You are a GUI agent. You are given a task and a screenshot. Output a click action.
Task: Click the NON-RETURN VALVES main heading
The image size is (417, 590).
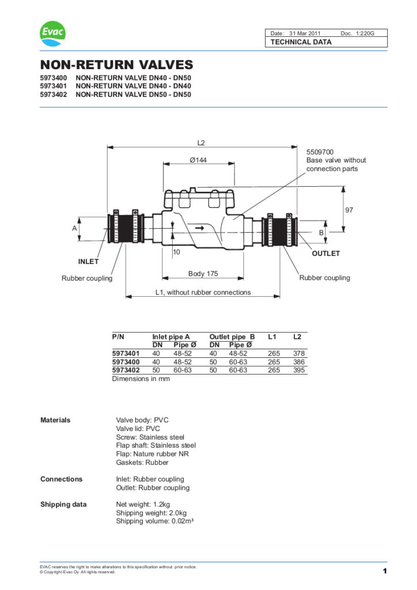coord(116,65)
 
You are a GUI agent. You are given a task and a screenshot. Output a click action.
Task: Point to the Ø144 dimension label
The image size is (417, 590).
coord(198,160)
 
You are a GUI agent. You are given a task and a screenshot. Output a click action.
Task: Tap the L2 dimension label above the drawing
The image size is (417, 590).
coord(201,142)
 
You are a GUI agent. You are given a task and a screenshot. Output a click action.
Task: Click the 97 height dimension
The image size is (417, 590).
coord(349,210)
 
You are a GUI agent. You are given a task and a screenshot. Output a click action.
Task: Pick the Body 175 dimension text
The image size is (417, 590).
coord(203,274)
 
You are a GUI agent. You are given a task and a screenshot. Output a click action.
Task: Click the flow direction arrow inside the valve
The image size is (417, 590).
coord(199,229)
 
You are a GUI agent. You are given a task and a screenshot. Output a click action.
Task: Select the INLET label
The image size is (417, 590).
coord(88,262)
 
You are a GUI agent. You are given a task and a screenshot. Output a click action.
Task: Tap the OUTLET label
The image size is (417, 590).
coord(326,254)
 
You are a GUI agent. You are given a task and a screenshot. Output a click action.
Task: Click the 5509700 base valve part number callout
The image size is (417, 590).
coord(320,152)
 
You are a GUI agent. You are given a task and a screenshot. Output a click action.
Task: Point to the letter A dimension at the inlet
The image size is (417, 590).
coord(74,229)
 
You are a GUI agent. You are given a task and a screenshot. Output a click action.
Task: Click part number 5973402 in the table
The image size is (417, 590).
coord(126,370)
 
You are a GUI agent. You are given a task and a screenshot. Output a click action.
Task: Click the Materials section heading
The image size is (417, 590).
coord(55,420)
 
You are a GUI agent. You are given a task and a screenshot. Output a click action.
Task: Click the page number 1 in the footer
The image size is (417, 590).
coord(384,571)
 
